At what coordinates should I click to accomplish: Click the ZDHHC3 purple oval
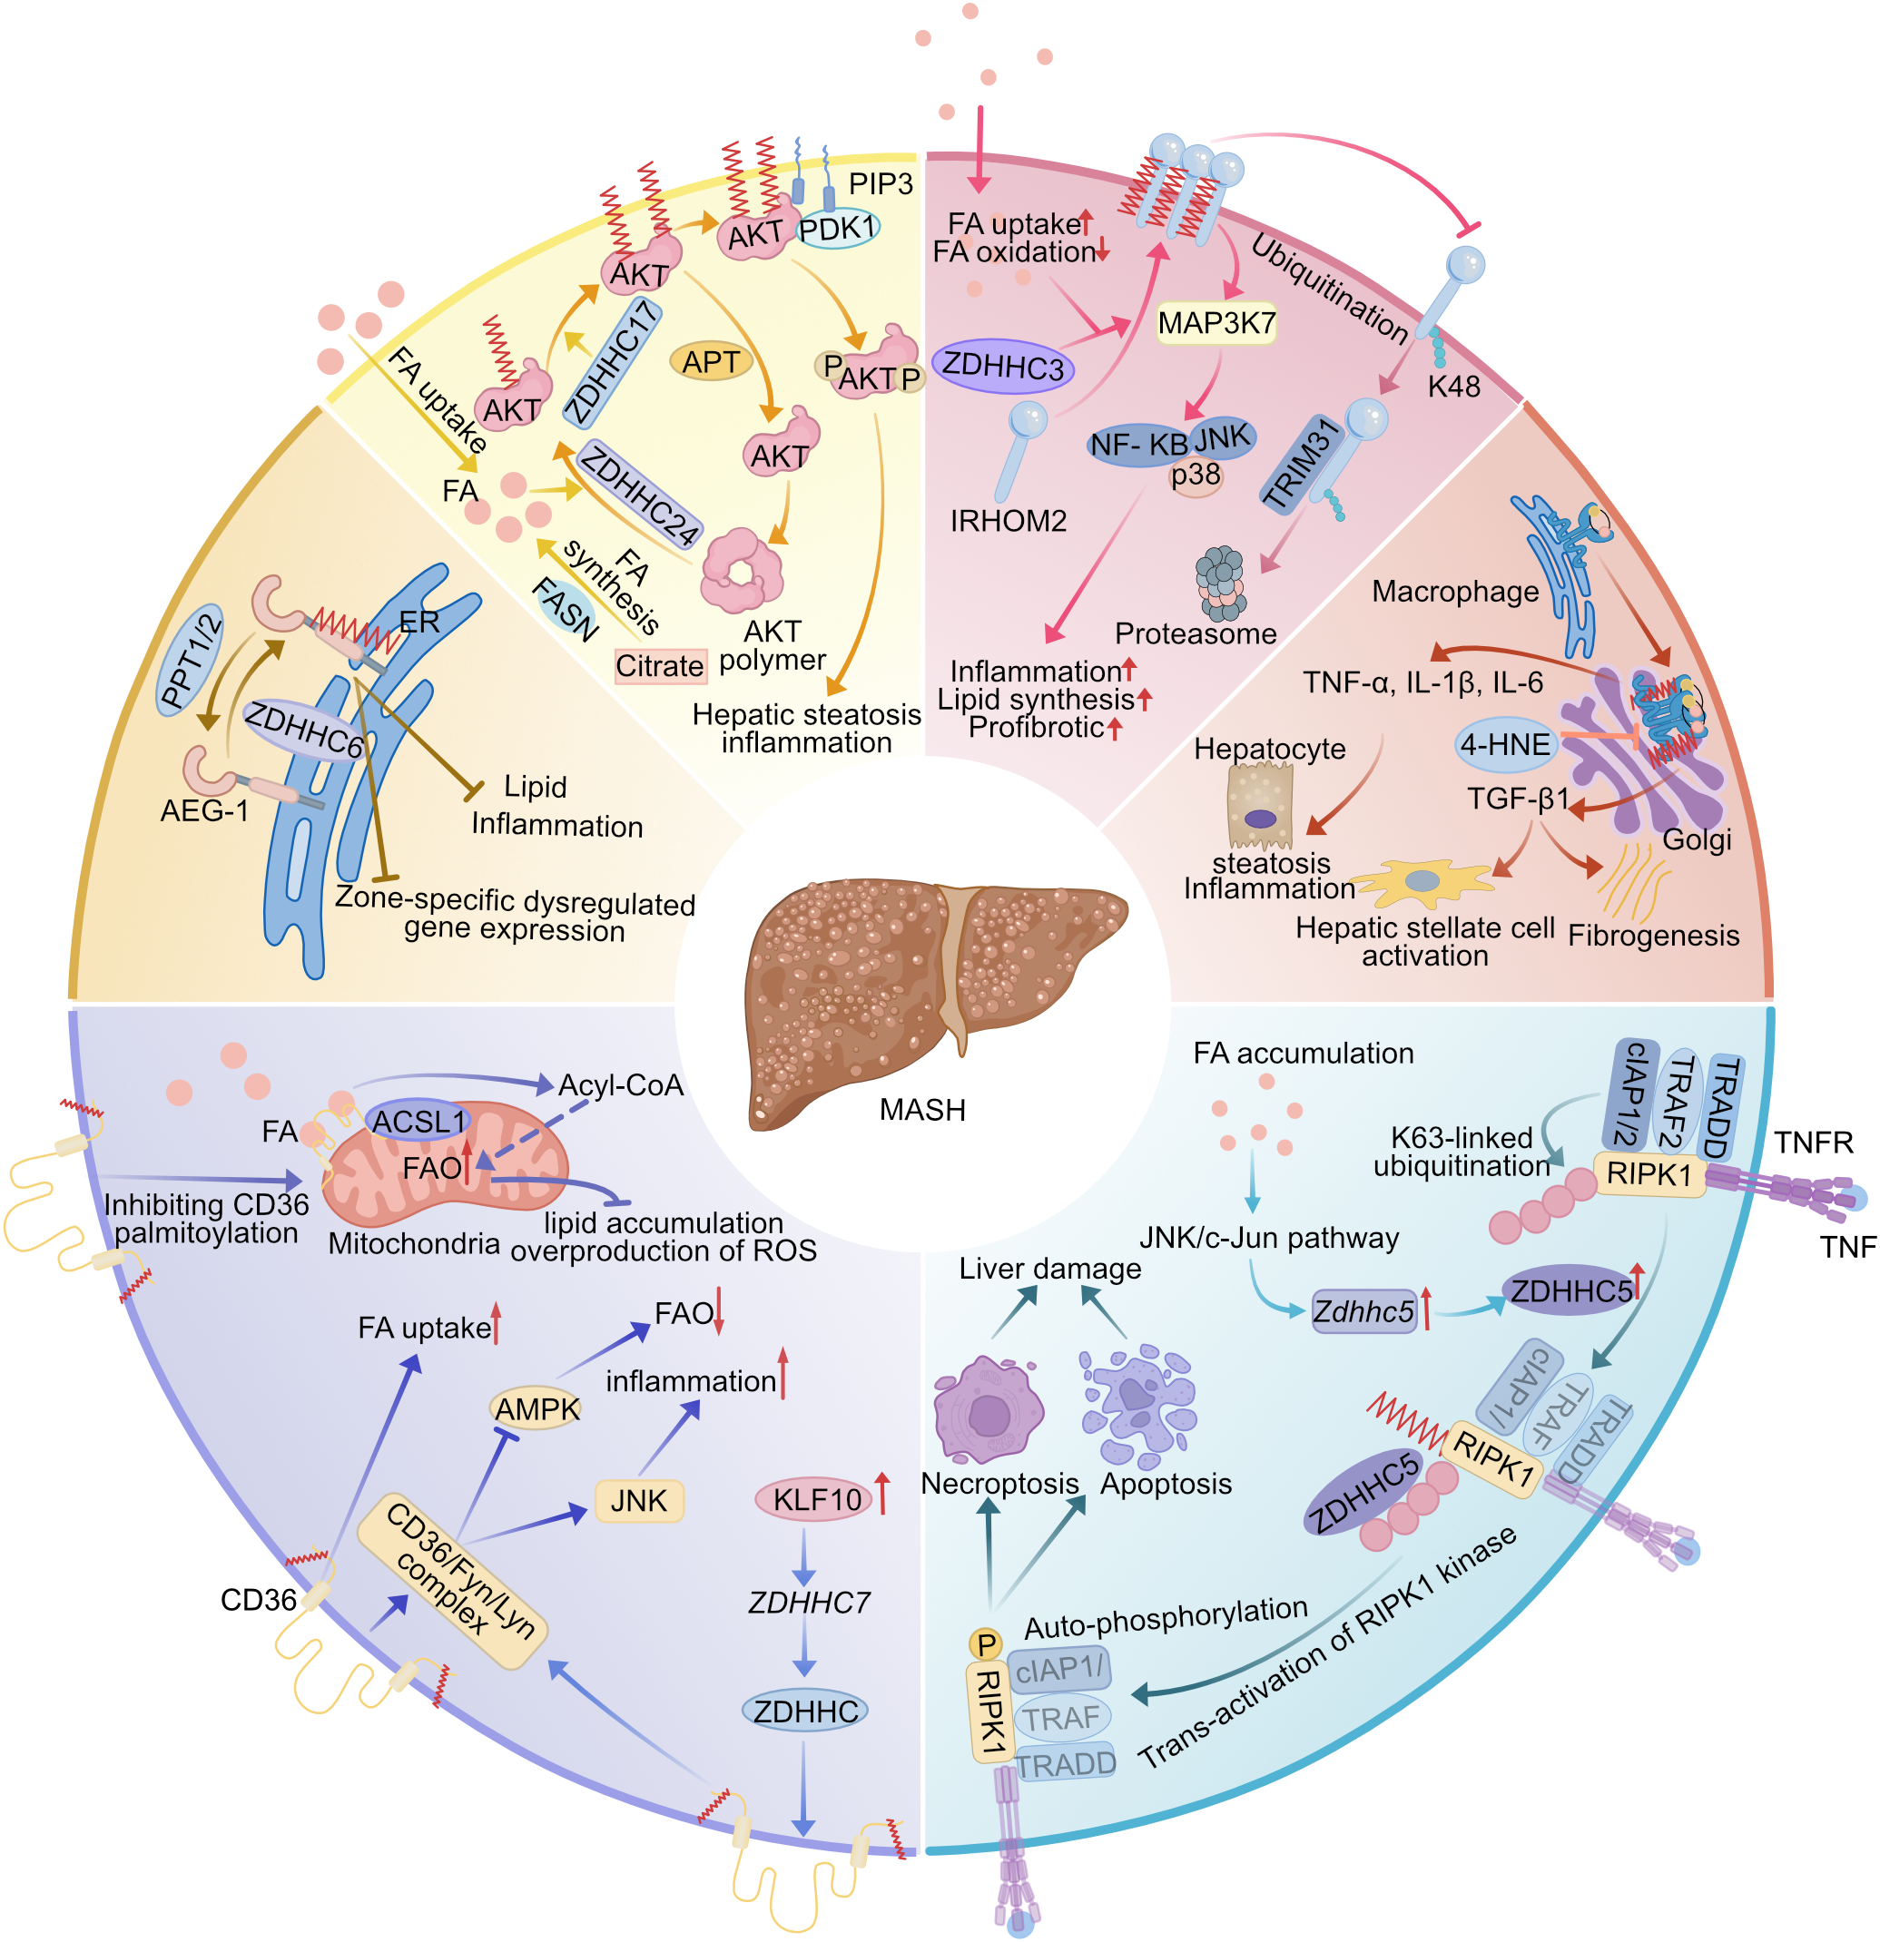tap(1002, 367)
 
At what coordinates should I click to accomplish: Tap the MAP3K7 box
tap(1216, 323)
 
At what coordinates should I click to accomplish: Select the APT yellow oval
tap(711, 362)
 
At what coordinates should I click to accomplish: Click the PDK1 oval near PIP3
tap(838, 229)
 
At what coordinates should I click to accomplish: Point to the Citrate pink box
tap(659, 666)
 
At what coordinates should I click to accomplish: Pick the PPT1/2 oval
tap(192, 660)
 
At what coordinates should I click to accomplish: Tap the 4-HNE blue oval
tap(1504, 744)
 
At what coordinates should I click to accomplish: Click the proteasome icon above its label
tap(1220, 582)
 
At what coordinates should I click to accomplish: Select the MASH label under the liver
tap(921, 1110)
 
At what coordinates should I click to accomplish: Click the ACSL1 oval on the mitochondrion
tap(418, 1122)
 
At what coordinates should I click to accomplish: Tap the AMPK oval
tap(536, 1409)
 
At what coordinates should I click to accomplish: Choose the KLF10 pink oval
tap(815, 1499)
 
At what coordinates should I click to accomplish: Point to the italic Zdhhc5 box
tap(1363, 1312)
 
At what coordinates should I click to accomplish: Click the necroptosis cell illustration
tap(987, 1410)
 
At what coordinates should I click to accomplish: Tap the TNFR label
tap(1813, 1143)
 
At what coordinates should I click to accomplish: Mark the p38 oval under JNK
tap(1196, 476)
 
